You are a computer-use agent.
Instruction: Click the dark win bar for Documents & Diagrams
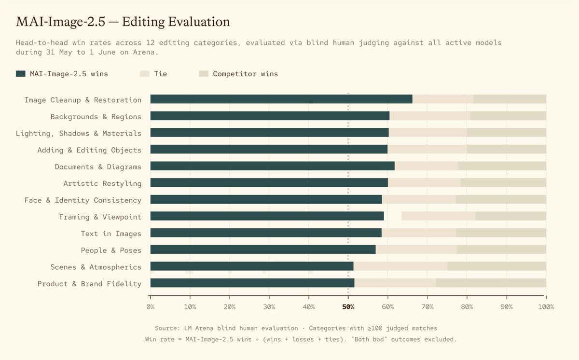click(x=273, y=166)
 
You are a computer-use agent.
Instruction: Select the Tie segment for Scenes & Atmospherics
click(x=400, y=266)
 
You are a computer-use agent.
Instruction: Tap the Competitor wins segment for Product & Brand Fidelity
click(x=491, y=283)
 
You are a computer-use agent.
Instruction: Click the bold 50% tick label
click(x=348, y=307)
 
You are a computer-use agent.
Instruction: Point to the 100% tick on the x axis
click(x=546, y=297)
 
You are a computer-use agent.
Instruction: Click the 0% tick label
click(x=151, y=307)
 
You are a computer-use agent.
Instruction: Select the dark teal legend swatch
click(x=21, y=74)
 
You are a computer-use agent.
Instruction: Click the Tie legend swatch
click(x=145, y=74)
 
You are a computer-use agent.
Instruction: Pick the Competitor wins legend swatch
click(x=204, y=74)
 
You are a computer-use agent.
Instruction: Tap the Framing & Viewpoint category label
click(x=100, y=217)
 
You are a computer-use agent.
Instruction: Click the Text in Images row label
click(x=111, y=234)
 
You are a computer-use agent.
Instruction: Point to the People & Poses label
click(x=111, y=250)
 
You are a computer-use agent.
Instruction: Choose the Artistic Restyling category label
click(x=103, y=183)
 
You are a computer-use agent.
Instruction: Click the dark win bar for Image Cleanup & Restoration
click(x=281, y=99)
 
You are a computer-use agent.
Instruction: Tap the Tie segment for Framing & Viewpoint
click(x=439, y=216)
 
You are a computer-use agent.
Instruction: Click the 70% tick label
click(x=427, y=307)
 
